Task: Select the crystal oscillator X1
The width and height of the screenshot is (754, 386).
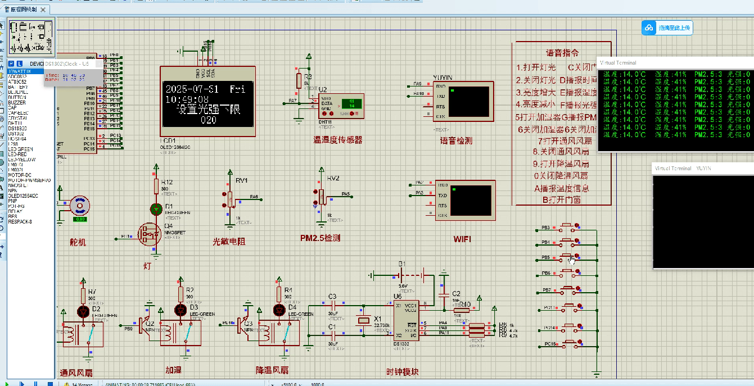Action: [363, 320]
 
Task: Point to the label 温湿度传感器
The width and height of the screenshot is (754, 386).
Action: [337, 140]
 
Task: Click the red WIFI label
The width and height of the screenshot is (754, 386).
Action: [462, 239]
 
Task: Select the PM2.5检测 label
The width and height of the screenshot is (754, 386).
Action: [320, 238]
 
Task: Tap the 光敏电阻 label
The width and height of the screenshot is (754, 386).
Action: [229, 242]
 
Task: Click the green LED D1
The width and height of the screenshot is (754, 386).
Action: [156, 209]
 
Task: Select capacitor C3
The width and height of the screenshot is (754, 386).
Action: [332, 305]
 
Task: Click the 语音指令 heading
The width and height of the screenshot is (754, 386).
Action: [562, 53]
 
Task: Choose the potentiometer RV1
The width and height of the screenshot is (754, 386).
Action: [229, 198]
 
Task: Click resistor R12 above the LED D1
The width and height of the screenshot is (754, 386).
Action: [156, 185]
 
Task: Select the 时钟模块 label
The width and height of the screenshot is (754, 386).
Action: [403, 372]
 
